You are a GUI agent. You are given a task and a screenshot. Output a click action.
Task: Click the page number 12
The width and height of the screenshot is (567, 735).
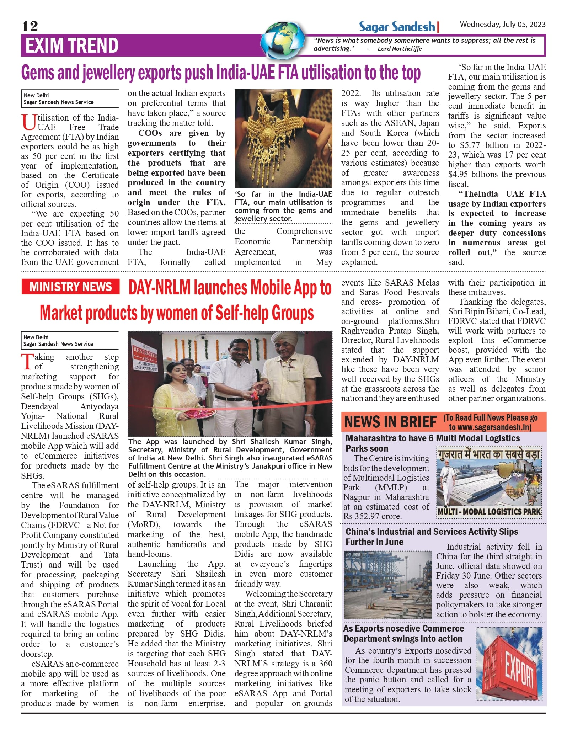30,26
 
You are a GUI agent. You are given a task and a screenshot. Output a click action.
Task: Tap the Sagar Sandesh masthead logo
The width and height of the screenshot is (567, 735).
397,27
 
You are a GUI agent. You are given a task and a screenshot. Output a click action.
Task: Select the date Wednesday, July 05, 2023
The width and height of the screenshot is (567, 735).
502,24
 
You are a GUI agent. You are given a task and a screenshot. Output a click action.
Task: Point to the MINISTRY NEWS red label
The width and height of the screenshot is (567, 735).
70,287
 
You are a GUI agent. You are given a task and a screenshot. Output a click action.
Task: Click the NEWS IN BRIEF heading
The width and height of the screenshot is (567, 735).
390,422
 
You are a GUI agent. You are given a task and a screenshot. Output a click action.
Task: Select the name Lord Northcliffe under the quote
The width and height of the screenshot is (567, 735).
400,49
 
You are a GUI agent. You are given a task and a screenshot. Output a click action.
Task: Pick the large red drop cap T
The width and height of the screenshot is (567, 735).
27,362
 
